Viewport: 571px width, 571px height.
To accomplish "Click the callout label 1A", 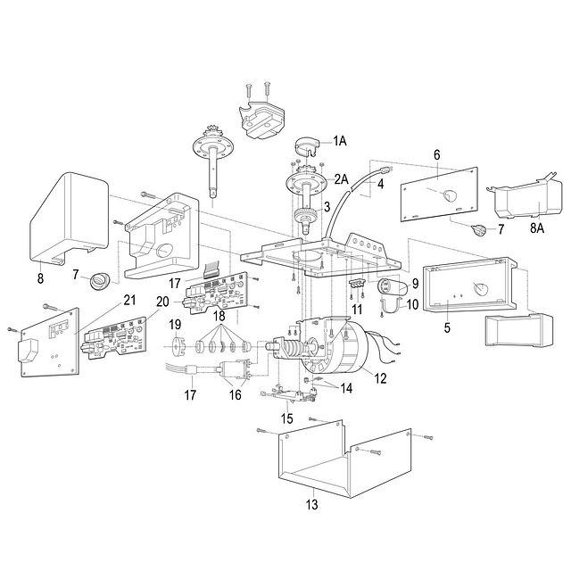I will click(341, 141).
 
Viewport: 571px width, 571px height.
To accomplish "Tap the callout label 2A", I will click(341, 179).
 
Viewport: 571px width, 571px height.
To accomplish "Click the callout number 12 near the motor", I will click(380, 379).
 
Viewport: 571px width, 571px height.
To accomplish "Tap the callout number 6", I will click(436, 153).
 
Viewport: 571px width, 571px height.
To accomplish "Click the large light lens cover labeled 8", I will click(67, 219).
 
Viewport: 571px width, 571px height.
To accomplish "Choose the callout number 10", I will click(411, 304).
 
